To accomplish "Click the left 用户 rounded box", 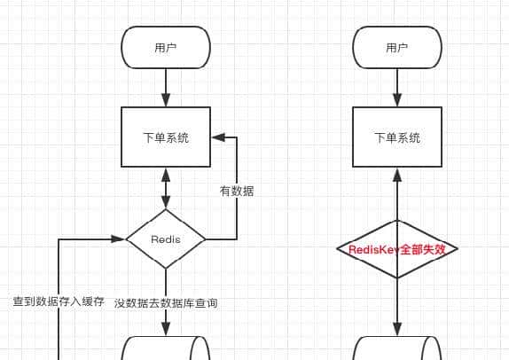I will pyautogui.click(x=166, y=48).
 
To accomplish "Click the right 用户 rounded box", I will pyautogui.click(x=396, y=48).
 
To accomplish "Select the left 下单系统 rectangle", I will pyautogui.click(x=166, y=137).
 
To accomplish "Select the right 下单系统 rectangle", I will pyautogui.click(x=396, y=137).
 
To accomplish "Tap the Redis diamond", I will pyautogui.click(x=166, y=239).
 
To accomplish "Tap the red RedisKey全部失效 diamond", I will pyautogui.click(x=396, y=249).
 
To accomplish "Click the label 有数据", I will pyautogui.click(x=237, y=191).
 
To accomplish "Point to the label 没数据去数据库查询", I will pyautogui.click(x=166, y=303).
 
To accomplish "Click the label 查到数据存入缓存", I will pyautogui.click(x=59, y=302).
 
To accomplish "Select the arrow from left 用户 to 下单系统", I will pyautogui.click(x=166, y=88).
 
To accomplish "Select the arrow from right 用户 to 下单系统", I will pyautogui.click(x=396, y=88).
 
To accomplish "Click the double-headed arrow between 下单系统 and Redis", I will pyautogui.click(x=166, y=188).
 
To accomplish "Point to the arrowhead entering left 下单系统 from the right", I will pyautogui.click(x=216, y=137).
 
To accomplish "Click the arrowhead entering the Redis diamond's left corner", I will pyautogui.click(x=119, y=239).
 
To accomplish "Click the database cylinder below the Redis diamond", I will pyautogui.click(x=166, y=348).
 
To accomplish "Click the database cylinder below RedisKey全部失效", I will pyautogui.click(x=396, y=348).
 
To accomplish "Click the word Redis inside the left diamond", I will pyautogui.click(x=166, y=239).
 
